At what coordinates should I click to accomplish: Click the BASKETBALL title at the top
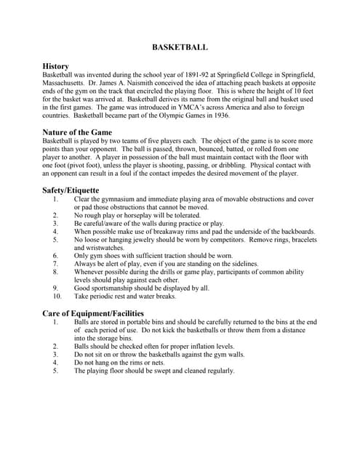180,47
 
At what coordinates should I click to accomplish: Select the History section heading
56,66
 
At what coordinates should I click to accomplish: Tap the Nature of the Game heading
78,132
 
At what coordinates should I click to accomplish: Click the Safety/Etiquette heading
71,190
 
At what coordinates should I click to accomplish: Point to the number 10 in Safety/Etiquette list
57,296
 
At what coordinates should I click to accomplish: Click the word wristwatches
99,248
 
